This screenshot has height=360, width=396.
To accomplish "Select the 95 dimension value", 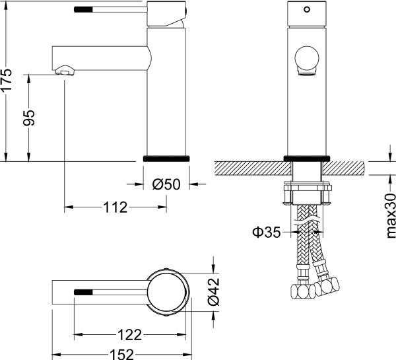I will [30, 117].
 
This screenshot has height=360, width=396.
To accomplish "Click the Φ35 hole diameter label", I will [265, 232].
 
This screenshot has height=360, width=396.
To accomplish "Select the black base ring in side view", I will [166, 159].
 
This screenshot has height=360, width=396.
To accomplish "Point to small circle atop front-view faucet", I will [306, 11].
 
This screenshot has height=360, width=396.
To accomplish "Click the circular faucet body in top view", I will [167, 291].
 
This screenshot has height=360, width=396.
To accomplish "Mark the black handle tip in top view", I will [84, 291].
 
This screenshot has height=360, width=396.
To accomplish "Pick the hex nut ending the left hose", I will [302, 291].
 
